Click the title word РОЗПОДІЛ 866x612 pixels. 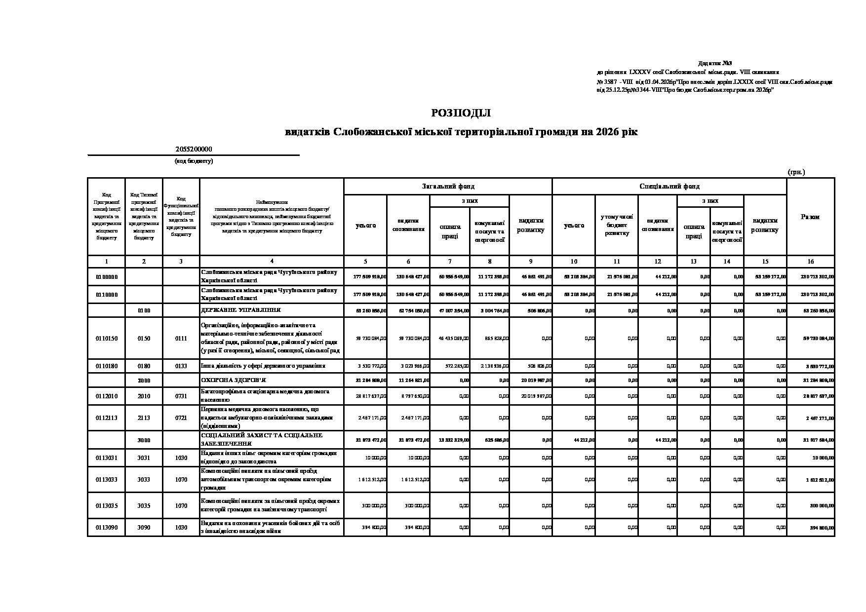coord(461,113)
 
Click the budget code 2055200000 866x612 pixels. coord(194,149)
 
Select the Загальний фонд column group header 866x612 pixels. coord(448,186)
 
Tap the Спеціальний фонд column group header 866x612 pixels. coord(669,186)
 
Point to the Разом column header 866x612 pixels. coord(810,217)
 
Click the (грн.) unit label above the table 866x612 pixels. coord(796,172)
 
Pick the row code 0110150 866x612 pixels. coord(107,339)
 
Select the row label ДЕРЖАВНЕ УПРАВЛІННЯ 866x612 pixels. coord(240,310)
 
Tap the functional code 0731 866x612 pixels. coord(181,396)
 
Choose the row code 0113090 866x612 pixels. coord(107,527)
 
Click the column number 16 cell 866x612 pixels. coord(810,262)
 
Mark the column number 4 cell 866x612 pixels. coord(272,262)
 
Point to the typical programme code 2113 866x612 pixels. coord(144,418)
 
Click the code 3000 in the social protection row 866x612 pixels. coord(144,440)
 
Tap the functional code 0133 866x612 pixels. coord(181,366)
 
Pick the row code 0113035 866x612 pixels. coord(107,505)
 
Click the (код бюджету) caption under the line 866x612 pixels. coord(194,161)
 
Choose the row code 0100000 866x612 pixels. coord(107,276)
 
